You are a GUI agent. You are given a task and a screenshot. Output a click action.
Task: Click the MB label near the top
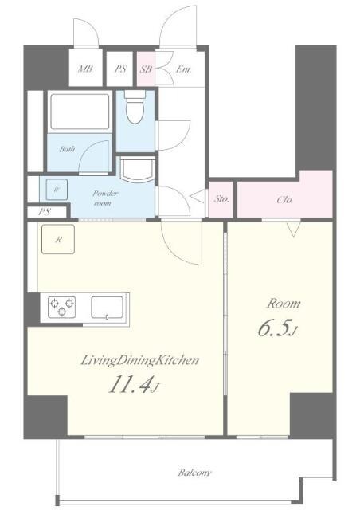85,69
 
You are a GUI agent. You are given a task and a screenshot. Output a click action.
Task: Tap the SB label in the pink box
147,69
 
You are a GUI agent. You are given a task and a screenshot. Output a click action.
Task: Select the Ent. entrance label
183,69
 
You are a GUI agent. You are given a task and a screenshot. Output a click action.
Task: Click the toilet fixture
135,106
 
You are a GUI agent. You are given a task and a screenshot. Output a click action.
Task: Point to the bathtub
80,112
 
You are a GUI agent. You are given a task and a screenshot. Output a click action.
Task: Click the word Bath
67,149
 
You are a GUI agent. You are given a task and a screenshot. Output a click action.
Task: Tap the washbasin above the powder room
137,169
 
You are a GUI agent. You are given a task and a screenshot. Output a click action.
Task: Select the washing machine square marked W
57,190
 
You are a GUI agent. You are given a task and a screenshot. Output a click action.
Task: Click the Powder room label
104,198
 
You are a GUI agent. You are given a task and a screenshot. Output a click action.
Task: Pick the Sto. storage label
221,198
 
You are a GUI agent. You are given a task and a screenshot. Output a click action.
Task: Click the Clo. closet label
285,200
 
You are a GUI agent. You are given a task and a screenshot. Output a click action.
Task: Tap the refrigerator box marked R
58,239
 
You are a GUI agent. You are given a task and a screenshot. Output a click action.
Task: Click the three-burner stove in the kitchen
62,307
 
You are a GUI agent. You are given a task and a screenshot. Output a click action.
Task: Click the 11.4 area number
131,386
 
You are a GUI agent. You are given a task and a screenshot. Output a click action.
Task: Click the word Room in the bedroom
284,304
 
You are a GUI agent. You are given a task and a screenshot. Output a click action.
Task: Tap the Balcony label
194,473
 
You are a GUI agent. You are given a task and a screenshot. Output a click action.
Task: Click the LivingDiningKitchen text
139,360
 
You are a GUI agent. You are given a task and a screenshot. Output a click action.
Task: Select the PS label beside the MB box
120,69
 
